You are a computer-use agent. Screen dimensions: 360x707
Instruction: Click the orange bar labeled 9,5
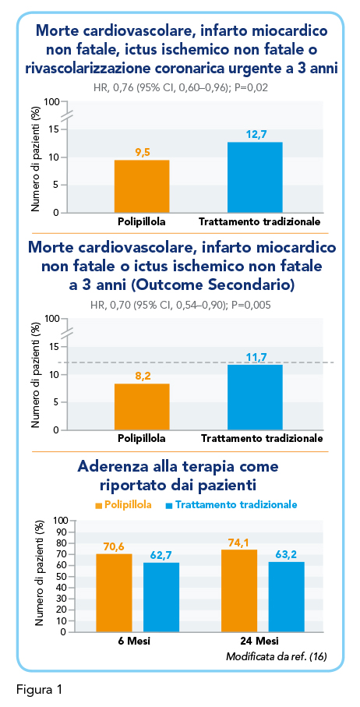coord(142,186)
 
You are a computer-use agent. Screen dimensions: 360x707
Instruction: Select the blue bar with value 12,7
coord(255,177)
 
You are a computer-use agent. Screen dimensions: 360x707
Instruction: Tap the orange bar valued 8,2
coord(142,407)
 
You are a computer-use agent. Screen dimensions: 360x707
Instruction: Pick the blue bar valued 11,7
coord(255,398)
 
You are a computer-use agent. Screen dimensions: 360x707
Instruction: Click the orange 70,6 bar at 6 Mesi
coord(115,592)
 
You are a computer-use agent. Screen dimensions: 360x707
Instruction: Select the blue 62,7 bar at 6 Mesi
coord(161,597)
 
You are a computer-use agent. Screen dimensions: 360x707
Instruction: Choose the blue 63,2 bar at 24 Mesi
coord(286,596)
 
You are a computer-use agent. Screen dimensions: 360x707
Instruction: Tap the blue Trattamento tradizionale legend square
coord(169,505)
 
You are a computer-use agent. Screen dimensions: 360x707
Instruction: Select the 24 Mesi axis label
coord(263,641)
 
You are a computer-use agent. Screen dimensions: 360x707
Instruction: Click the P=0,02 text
coord(249,87)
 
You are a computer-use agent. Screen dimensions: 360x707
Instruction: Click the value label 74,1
coord(239,543)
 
